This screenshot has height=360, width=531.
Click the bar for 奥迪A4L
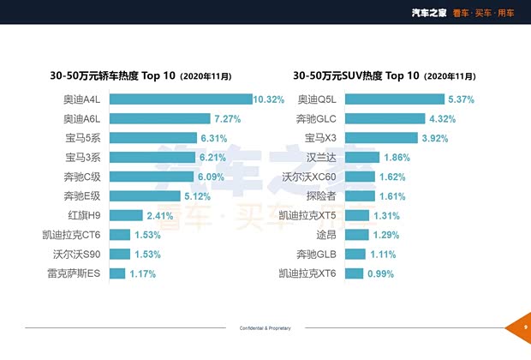pyautogui.click(x=180, y=99)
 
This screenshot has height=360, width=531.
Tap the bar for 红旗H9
pyautogui.click(x=125, y=215)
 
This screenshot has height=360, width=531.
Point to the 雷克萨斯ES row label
pyautogui.click(x=75, y=274)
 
